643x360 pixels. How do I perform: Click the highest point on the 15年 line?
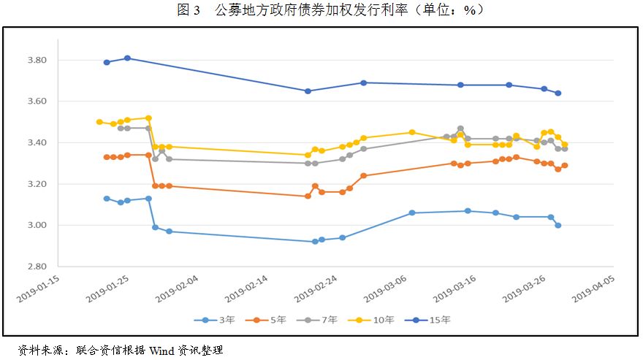click(x=127, y=58)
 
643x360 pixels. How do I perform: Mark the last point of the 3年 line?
click(x=558, y=225)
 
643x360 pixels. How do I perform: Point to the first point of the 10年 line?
click(x=99, y=122)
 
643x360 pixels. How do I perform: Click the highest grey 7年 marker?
click(x=460, y=129)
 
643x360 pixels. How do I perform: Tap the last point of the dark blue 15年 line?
click(x=558, y=93)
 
